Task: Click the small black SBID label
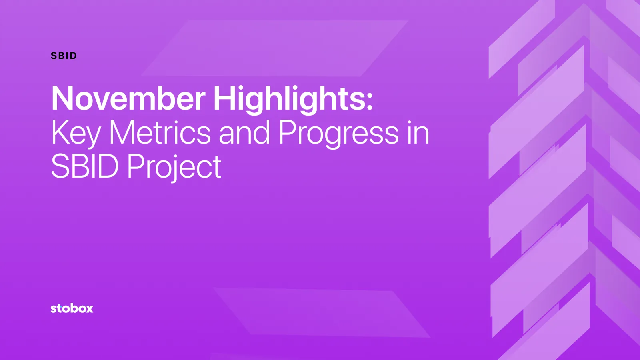64,56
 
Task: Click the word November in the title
128,98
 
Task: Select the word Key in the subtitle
76,133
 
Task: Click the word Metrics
160,132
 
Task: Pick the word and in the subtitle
244,132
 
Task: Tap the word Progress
338,133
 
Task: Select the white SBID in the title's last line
85,166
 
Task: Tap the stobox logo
72,308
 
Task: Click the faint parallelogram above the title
276,48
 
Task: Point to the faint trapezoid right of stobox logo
320,312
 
